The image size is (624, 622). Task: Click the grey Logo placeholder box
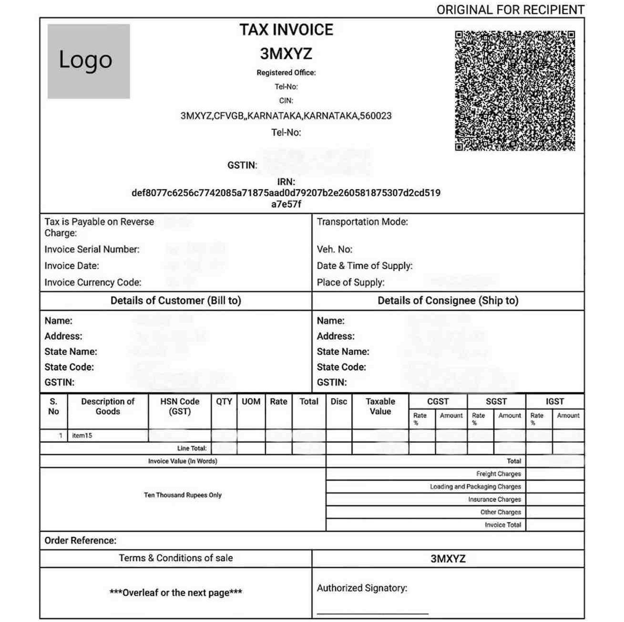(88, 61)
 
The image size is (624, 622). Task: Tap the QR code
(514, 91)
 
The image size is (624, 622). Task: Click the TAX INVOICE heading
(286, 30)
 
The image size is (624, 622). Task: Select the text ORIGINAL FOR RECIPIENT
(510, 10)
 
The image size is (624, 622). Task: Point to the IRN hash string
(286, 193)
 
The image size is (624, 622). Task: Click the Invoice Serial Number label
(92, 249)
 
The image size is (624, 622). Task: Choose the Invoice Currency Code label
(93, 282)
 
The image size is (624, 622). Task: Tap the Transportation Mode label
(362, 221)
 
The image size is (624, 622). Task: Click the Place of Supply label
(350, 282)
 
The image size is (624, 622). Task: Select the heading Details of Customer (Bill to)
(176, 300)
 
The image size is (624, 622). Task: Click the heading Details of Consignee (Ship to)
(448, 300)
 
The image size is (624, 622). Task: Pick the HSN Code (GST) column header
(180, 406)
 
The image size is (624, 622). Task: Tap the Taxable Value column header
(380, 406)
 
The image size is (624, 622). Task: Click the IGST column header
(554, 401)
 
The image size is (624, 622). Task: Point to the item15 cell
(82, 435)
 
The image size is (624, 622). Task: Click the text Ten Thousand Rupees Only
(183, 495)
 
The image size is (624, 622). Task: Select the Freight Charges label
(498, 474)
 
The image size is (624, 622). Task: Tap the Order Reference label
(80, 540)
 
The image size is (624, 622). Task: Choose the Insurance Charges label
(494, 499)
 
